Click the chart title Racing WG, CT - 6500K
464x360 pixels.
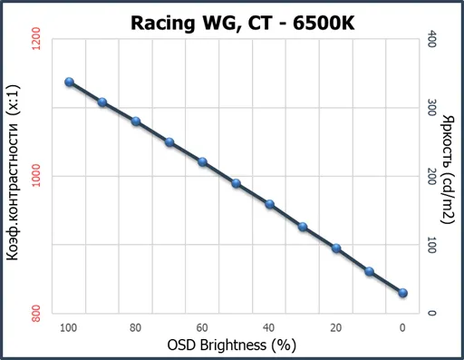click(243, 23)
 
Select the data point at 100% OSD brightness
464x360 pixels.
click(70, 82)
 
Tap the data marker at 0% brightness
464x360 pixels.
click(402, 293)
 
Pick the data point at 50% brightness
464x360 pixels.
click(237, 183)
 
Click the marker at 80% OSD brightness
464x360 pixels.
click(136, 122)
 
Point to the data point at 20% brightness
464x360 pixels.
click(336, 248)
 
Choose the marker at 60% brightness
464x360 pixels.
click(203, 162)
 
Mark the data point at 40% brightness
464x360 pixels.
click(270, 204)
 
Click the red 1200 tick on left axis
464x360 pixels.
click(36, 39)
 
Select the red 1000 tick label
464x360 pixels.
click(36, 176)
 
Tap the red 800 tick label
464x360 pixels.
click(36, 314)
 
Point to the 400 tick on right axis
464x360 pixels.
click(431, 39)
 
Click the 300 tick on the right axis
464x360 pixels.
click(431, 108)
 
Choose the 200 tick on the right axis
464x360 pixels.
click(431, 176)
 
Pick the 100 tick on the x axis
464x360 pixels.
click(69, 328)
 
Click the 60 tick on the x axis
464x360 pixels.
click(202, 328)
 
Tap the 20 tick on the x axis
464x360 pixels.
click(335, 328)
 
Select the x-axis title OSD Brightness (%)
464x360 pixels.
click(232, 345)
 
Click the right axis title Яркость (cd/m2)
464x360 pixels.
click(448, 170)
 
